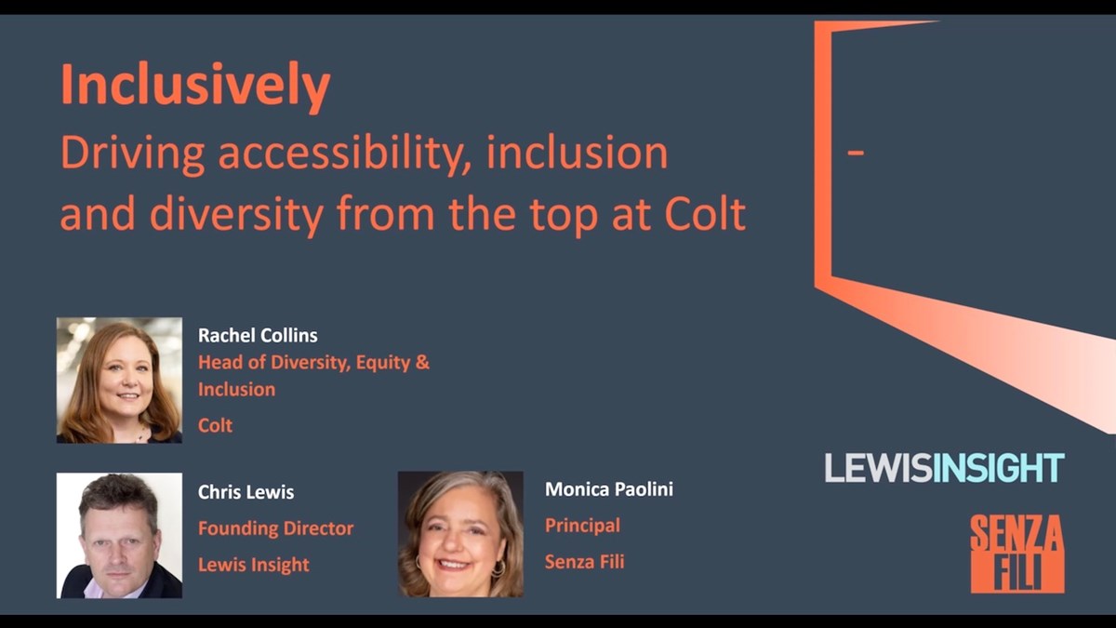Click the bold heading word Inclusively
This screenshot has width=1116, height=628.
coord(195,86)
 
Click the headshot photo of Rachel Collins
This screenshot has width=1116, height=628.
coord(119,381)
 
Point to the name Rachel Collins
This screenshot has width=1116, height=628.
coord(258,335)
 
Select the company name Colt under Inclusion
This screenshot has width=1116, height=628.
coord(215,425)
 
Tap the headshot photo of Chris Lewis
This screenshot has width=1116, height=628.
coord(119,535)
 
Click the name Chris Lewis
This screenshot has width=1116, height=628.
coord(246,492)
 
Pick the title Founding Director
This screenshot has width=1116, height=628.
coord(275,528)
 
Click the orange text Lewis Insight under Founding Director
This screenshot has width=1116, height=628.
coord(254,565)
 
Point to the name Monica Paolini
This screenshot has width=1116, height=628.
coord(608,489)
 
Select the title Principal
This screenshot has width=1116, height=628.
coord(582,526)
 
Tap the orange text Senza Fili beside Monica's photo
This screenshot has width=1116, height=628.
coord(584,562)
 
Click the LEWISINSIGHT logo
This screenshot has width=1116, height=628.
coord(944,467)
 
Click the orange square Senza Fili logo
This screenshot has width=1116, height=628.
coord(1016,554)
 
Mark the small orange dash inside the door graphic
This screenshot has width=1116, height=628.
coord(857,153)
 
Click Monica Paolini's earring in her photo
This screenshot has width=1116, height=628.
coord(498,568)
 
